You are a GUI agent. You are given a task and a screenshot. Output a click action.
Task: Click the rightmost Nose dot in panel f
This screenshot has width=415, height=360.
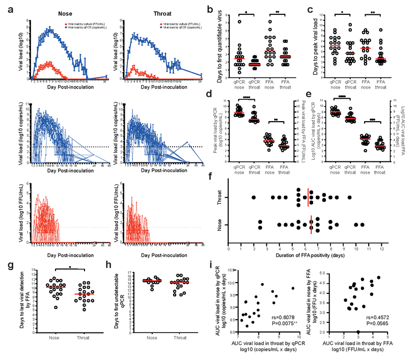[x=363, y=225]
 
